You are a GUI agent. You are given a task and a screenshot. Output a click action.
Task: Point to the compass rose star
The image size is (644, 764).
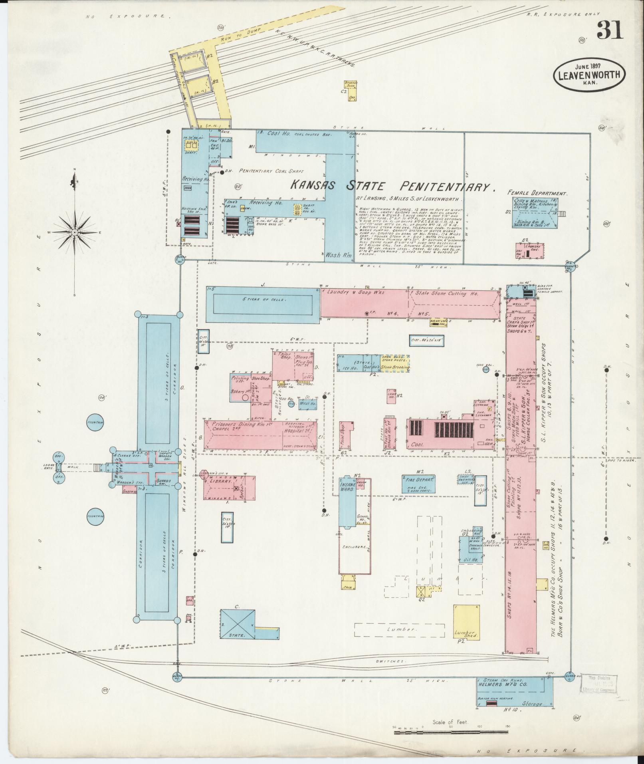click(x=75, y=232)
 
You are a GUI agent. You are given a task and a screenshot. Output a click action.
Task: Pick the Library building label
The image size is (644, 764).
click(x=223, y=482)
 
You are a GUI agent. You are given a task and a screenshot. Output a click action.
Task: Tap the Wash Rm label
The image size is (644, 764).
click(x=337, y=255)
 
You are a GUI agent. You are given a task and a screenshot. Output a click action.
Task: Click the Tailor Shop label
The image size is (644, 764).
click(x=283, y=356)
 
